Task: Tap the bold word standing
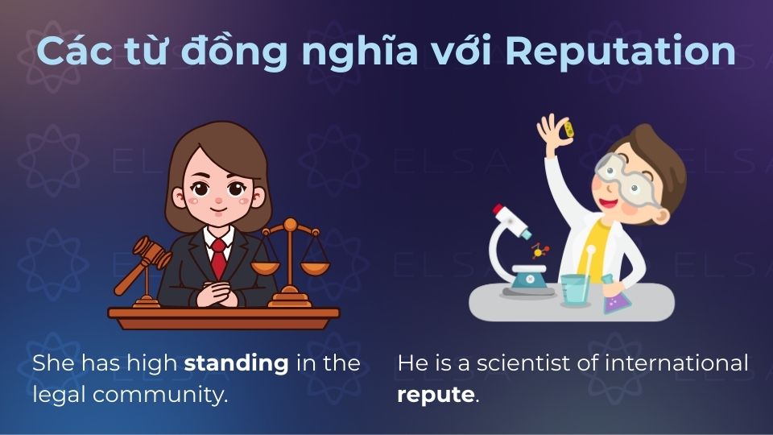236,362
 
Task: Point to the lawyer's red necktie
218,258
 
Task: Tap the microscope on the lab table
523,250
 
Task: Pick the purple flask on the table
616,297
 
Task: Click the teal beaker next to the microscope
575,288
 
